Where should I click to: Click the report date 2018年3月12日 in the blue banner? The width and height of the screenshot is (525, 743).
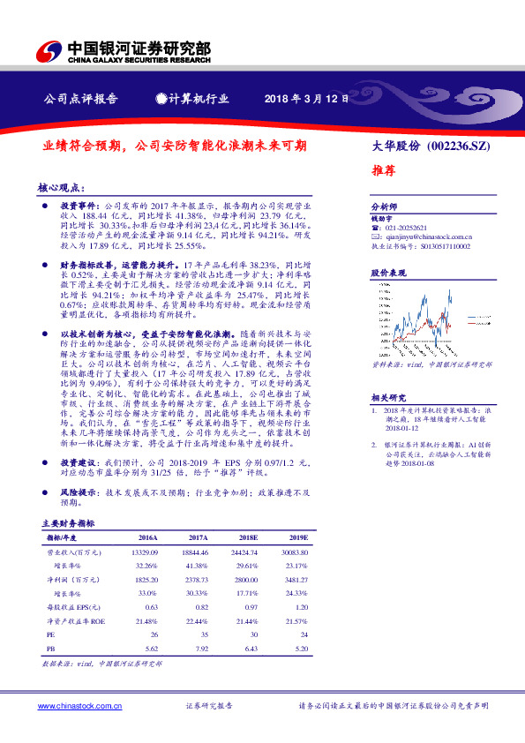click(x=302, y=99)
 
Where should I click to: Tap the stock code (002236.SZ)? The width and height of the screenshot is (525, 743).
click(x=458, y=146)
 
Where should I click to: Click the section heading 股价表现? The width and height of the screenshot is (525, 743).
click(x=386, y=274)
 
